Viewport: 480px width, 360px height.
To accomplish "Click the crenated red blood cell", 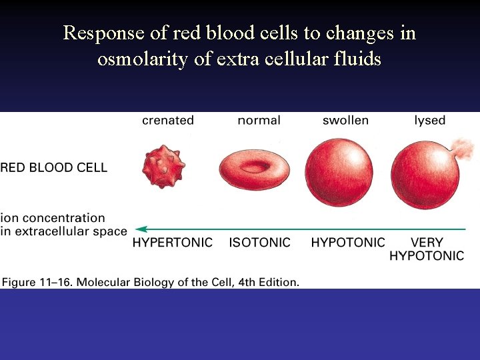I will click(x=163, y=167).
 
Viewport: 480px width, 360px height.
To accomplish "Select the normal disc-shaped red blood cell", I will click(x=254, y=167).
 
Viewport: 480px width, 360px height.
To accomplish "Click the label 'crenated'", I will click(x=168, y=121).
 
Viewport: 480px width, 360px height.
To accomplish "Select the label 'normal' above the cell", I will click(x=259, y=121).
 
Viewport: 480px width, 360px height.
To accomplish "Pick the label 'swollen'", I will click(x=345, y=121).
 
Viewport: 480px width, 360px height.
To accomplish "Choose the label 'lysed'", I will click(x=429, y=121).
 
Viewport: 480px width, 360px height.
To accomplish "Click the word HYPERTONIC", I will click(x=173, y=243).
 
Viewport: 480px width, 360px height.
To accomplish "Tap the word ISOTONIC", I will click(x=260, y=243).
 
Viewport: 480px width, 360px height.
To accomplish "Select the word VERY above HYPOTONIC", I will click(x=427, y=243).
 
